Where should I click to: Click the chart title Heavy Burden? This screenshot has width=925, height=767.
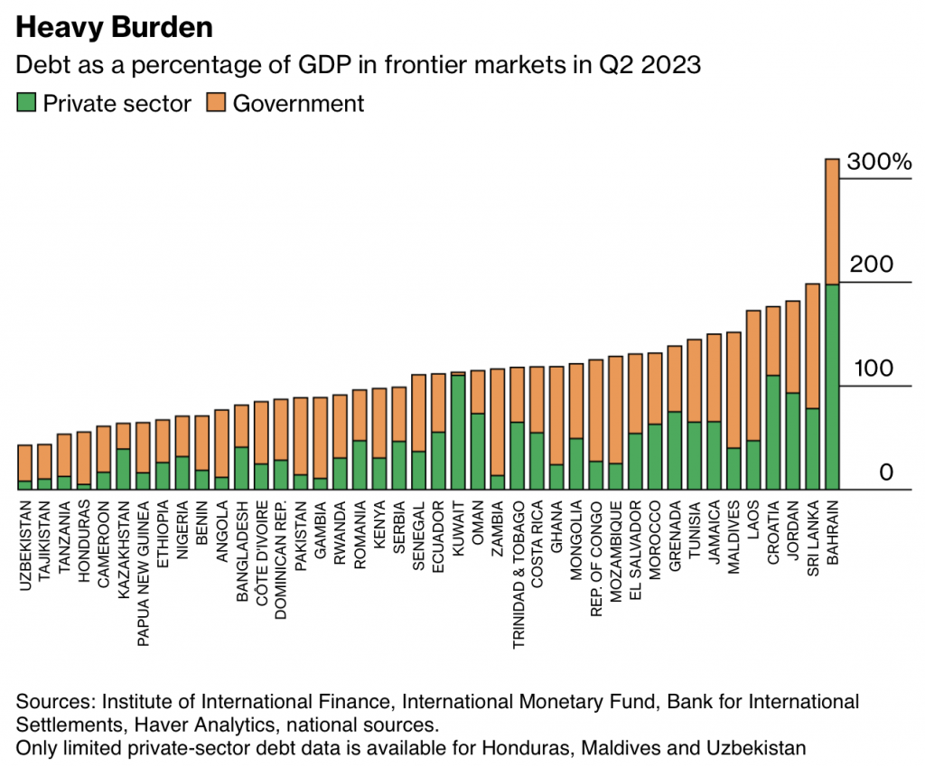point(114,27)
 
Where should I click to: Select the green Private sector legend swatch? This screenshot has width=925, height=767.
point(27,103)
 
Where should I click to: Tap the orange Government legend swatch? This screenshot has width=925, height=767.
point(217,103)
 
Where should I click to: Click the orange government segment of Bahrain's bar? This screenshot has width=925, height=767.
point(832,221)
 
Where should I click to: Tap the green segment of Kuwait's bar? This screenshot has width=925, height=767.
point(458,432)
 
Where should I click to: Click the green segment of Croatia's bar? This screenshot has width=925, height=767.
point(772,432)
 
